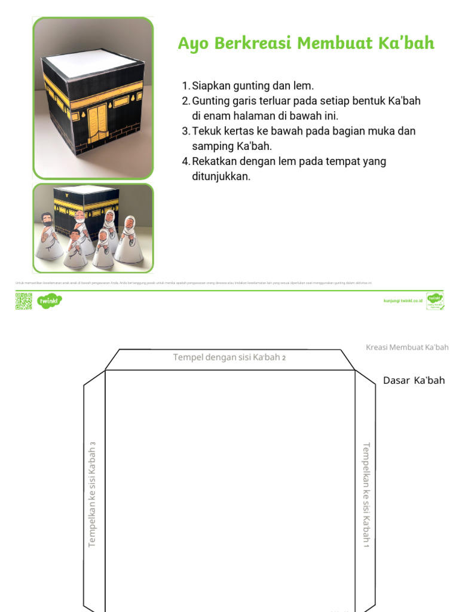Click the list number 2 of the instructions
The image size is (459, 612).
(x=185, y=101)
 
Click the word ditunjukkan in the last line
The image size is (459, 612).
(x=221, y=176)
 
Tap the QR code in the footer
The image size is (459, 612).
(x=23, y=301)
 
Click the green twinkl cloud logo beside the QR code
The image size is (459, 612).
(x=49, y=301)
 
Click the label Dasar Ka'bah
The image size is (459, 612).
(x=414, y=381)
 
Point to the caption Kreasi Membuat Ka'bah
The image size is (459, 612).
(x=406, y=347)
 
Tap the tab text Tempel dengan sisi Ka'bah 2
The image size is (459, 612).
(x=229, y=357)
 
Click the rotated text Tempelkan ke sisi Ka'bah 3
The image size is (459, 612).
(x=92, y=494)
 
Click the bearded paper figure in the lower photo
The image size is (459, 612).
(x=48, y=239)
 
